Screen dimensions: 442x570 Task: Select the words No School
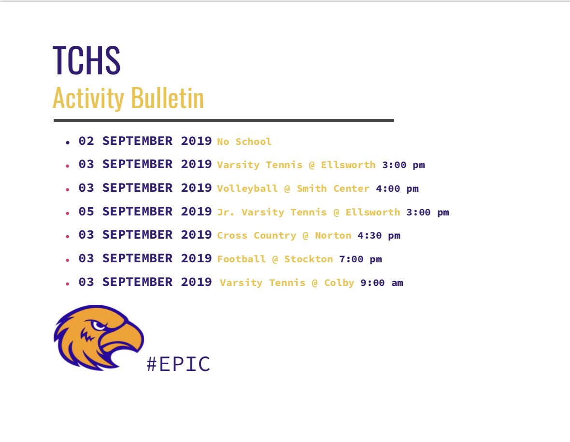(244, 142)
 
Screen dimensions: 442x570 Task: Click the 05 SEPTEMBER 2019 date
(145, 212)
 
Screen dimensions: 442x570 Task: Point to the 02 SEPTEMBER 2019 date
(145, 141)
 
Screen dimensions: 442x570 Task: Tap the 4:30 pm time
(379, 236)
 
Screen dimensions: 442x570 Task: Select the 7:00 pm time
(360, 259)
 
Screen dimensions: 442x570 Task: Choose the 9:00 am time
(382, 283)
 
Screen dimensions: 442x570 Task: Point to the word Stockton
(308, 259)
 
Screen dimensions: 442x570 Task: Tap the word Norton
(333, 236)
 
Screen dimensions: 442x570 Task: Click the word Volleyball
(247, 189)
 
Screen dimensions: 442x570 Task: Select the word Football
(241, 259)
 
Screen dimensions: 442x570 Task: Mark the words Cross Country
(256, 236)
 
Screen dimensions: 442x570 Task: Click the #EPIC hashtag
(178, 364)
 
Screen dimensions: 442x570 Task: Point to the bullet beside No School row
(68, 143)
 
